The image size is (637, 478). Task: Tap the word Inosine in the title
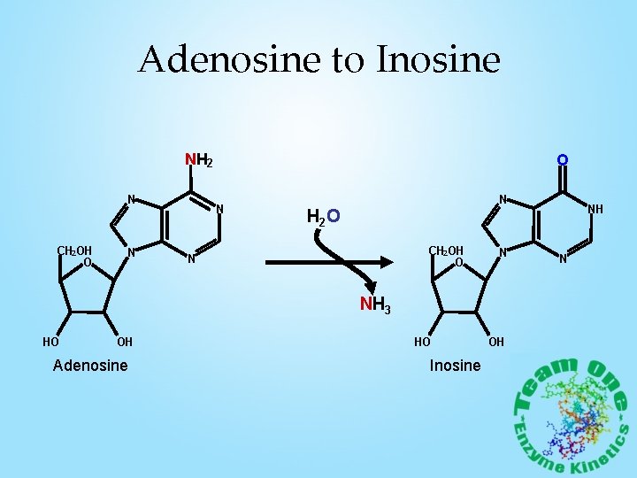coord(438,60)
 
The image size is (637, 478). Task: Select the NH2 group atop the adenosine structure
coord(198,161)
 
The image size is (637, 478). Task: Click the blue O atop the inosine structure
coord(562,160)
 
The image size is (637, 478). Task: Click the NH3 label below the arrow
coord(374,306)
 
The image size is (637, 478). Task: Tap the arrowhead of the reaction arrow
coord(385,263)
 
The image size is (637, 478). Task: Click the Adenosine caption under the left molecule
coord(90,366)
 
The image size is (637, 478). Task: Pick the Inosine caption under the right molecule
coord(455,366)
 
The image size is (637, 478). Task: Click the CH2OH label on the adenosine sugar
coord(74,251)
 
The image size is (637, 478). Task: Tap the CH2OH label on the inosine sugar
coord(446,251)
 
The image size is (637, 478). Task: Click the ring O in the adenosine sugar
coord(88,263)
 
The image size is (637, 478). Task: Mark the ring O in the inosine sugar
coord(459,263)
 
